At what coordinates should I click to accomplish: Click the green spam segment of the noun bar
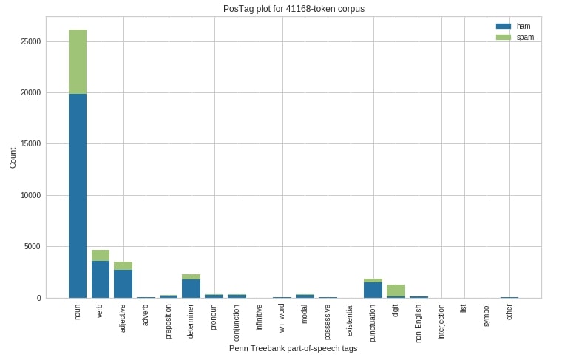[x=78, y=61]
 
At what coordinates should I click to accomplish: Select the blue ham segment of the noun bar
[x=78, y=196]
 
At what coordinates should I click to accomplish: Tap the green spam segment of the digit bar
[x=396, y=291]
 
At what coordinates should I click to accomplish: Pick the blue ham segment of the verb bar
[x=101, y=279]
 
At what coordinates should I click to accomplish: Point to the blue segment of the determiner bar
[x=192, y=289]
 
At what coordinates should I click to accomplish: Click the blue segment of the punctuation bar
[x=373, y=291]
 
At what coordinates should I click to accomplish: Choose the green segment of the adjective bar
[x=123, y=266]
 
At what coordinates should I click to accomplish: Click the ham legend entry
[x=513, y=26]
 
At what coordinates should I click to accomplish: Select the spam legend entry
[x=515, y=37]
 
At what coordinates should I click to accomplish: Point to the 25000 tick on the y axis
[x=31, y=41]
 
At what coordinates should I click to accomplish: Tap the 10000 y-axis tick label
[x=31, y=196]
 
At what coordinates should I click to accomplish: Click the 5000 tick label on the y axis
[x=33, y=247]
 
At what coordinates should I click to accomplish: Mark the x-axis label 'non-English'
[x=419, y=324]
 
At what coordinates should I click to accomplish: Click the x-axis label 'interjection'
[x=441, y=322]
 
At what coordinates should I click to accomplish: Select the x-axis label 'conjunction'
[x=237, y=323]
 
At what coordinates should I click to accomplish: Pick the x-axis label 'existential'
[x=351, y=320]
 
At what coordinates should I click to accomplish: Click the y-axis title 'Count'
[x=13, y=157]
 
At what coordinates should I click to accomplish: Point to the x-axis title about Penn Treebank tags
[x=293, y=348]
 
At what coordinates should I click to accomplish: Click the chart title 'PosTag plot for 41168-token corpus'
[x=294, y=9]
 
